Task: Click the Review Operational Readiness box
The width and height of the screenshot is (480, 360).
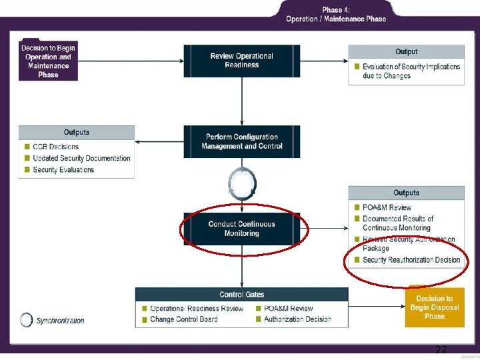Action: point(241,61)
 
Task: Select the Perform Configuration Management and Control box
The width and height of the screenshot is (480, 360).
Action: point(241,141)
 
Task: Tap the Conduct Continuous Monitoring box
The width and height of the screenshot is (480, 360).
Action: point(241,229)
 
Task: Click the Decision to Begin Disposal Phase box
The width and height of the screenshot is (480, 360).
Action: point(434,307)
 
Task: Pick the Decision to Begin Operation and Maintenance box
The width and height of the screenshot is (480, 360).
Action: point(48,61)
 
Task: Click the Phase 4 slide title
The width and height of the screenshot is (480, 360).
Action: point(335,14)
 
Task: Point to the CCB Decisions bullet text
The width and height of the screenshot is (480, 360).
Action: point(55,147)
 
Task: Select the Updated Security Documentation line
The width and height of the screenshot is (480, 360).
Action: point(81,158)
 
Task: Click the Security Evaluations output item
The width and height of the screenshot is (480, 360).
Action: point(63,170)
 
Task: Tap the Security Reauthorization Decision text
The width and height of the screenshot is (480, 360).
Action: point(411,260)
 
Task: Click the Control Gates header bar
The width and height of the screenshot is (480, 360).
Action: point(241,294)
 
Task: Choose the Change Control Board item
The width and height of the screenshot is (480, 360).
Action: point(183,319)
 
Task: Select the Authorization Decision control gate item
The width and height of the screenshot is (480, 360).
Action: point(297,319)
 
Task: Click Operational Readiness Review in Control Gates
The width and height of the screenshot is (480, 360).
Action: point(196,308)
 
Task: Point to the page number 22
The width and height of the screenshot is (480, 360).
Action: point(441,350)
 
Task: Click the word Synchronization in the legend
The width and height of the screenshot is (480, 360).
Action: point(60,321)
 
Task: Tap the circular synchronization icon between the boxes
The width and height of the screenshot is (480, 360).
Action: point(241,183)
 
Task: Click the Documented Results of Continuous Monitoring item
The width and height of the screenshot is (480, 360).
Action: point(397,223)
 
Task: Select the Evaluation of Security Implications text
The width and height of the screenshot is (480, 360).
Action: point(411,71)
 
